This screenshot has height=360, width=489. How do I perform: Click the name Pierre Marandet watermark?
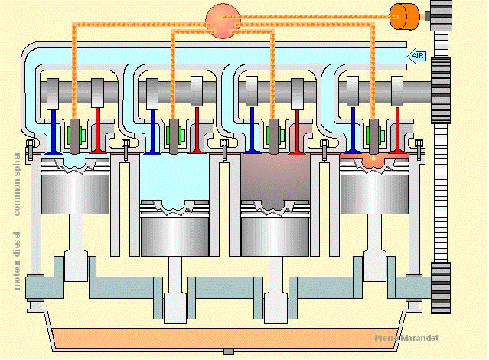406,338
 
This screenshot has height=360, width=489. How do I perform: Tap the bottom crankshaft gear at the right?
442,286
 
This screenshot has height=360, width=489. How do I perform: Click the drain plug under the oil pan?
227,351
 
